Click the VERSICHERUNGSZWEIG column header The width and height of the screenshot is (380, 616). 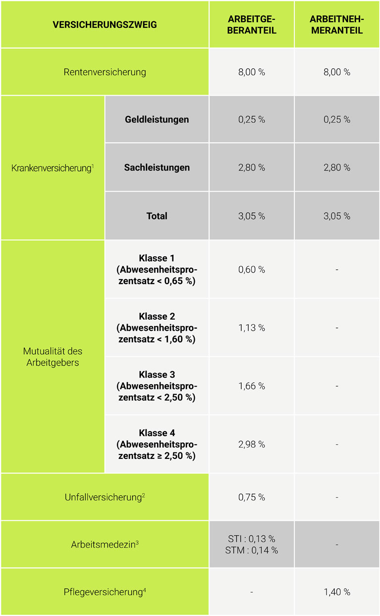tap(105, 24)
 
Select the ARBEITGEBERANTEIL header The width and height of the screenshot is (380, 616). tap(252, 24)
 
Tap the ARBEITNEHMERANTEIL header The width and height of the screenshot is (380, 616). tap(337, 24)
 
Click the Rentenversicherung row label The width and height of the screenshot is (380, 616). tap(105, 72)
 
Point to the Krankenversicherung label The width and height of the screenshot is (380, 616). tap(53, 168)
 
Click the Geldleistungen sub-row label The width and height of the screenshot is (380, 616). tap(157, 119)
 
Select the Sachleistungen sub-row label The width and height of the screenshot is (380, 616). tap(157, 168)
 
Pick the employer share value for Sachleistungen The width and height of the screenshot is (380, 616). tap(252, 168)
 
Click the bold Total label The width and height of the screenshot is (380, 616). tap(157, 216)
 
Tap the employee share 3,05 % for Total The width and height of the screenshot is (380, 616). tap(337, 216)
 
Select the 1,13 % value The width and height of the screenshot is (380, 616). tap(252, 328)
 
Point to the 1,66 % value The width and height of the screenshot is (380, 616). tap(252, 386)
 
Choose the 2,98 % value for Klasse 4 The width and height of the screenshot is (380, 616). tap(252, 444)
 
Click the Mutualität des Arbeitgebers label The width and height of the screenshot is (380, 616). tap(53, 357)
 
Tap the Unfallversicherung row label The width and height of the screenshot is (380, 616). tap(105, 497)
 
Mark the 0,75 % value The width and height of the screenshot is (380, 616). tap(252, 497)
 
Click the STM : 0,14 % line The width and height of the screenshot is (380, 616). tap(252, 550)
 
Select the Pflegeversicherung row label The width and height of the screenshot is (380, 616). tap(105, 592)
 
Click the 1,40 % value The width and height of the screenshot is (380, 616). tap(337, 592)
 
